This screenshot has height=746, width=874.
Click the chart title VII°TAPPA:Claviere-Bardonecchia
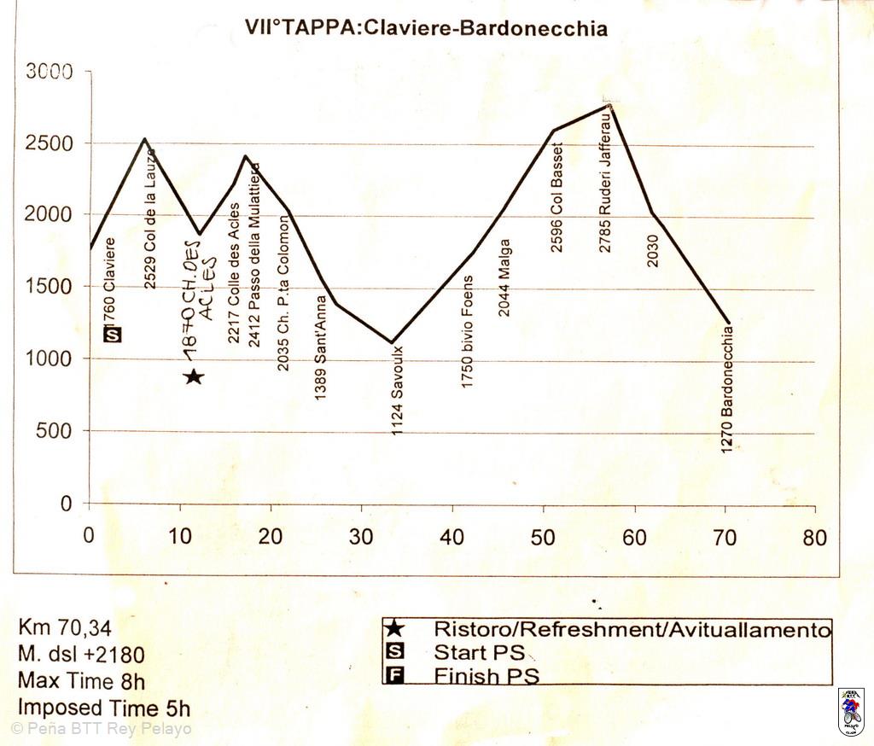pyautogui.click(x=426, y=28)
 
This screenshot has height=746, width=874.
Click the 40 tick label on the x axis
pyautogui.click(x=452, y=537)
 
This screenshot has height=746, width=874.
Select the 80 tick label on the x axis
pyautogui.click(x=815, y=537)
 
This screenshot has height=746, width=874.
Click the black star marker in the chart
pyautogui.click(x=194, y=376)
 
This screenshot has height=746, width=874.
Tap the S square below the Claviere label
pyautogui.click(x=113, y=335)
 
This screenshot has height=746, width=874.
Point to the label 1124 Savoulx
pyautogui.click(x=397, y=390)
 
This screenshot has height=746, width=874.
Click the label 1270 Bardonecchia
pyautogui.click(x=727, y=388)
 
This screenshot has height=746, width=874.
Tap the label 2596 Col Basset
pyautogui.click(x=557, y=203)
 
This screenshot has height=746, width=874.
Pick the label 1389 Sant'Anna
pyautogui.click(x=320, y=348)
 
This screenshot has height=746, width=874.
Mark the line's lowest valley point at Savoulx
pyautogui.click(x=392, y=343)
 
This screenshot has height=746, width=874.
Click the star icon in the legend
pyautogui.click(x=394, y=629)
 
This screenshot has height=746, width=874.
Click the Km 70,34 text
pyautogui.click(x=65, y=627)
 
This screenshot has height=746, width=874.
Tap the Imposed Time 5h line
pyautogui.click(x=103, y=708)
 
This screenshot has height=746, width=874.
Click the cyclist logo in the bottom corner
pyautogui.click(x=851, y=712)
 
